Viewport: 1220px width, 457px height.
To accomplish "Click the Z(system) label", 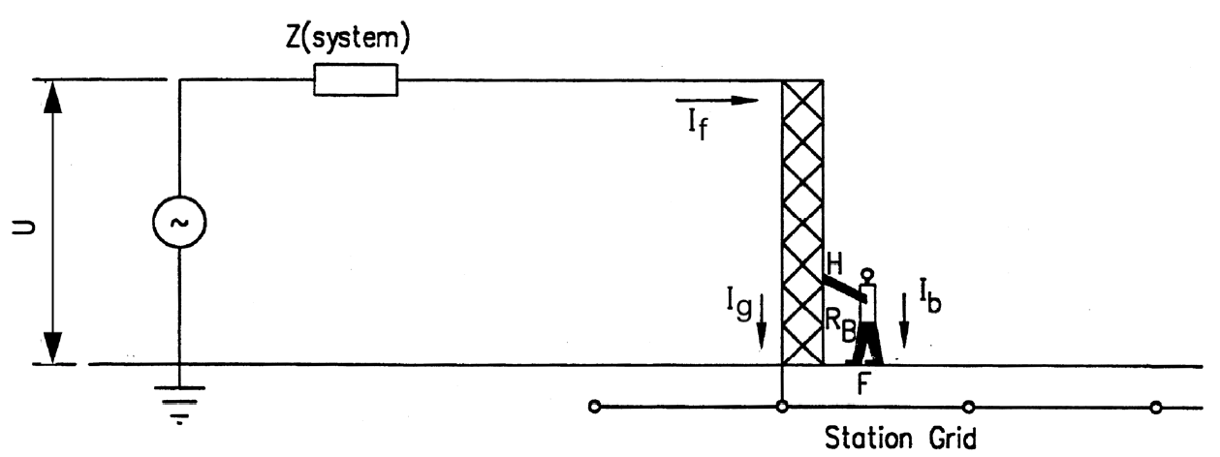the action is click(348, 41).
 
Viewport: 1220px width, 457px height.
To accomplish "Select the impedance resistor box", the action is click(356, 80).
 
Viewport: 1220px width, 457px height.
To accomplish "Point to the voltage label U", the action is click(24, 228).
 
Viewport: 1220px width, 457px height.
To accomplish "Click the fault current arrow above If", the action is click(717, 100).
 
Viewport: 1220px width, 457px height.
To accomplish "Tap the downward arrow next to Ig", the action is click(762, 322).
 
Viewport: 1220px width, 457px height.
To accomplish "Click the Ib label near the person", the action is click(930, 296).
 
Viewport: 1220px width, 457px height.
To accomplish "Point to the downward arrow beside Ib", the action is click(904, 321).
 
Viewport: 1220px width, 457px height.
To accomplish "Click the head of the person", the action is click(867, 273).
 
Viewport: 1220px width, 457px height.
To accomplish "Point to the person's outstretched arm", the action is click(844, 289).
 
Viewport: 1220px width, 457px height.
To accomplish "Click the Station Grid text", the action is click(900, 438).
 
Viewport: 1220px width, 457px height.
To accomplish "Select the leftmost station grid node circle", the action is click(595, 407).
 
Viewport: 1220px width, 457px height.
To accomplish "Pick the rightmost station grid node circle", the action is click(1156, 407).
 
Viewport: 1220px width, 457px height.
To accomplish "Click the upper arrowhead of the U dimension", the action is click(52, 97).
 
